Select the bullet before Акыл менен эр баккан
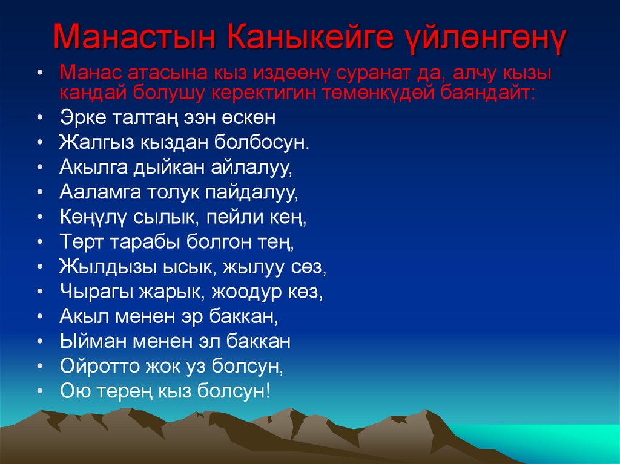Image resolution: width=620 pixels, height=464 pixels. click(x=40, y=317)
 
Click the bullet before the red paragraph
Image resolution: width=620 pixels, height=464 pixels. click(x=40, y=74)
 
